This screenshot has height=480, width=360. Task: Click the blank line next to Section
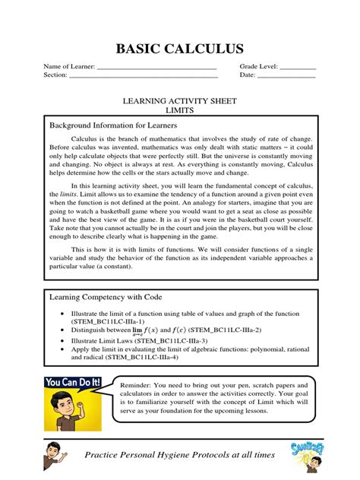pyautogui.click(x=144, y=76)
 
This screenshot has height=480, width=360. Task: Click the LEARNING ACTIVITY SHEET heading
pyautogui.click(x=180, y=100)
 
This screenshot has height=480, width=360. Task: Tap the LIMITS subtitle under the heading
pyautogui.click(x=180, y=110)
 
